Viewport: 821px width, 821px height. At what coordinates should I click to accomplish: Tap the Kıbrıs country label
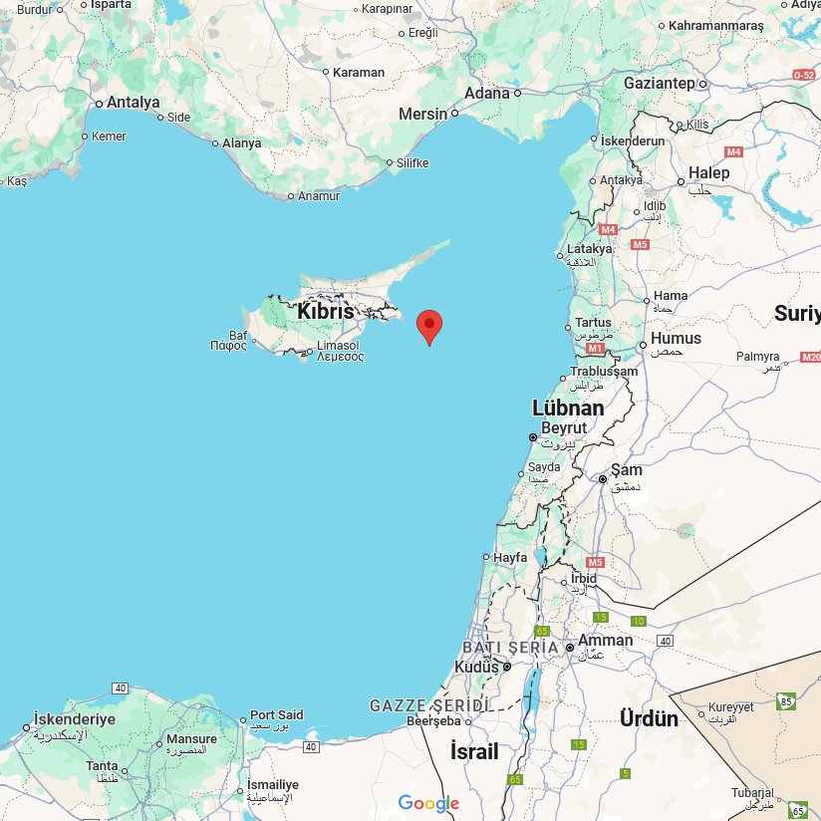point(325,312)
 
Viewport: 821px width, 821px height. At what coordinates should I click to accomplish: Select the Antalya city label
point(133,102)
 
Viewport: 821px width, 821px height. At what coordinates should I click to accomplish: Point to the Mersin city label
point(423,114)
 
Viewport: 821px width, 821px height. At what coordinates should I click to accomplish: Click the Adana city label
point(487,94)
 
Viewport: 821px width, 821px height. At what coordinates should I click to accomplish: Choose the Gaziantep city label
point(659,84)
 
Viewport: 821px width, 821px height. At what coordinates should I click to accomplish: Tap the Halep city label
point(708,172)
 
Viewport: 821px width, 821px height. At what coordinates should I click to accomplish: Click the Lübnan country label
point(568,409)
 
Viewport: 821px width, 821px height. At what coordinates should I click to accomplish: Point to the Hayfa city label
point(509,558)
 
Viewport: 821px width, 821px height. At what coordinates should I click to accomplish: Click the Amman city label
point(605,641)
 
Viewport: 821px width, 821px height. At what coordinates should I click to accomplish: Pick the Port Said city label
point(276,715)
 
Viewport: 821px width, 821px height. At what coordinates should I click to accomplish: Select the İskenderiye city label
point(75,719)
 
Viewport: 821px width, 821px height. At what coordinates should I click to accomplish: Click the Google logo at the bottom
point(428,803)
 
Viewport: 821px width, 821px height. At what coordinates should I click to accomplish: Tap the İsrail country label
point(473,751)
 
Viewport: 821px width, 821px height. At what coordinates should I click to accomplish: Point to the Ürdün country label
point(649,718)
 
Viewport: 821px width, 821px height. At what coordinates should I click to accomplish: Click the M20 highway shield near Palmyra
point(810,358)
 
